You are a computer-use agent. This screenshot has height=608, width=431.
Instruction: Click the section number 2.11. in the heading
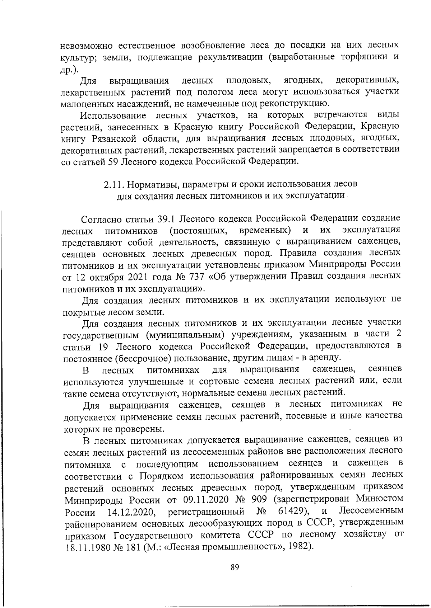tap(114, 184)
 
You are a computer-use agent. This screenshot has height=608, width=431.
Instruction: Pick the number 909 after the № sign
tap(258, 499)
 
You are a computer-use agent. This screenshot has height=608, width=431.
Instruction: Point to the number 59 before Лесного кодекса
tap(112, 162)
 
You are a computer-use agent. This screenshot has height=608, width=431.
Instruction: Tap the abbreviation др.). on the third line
tap(70, 69)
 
